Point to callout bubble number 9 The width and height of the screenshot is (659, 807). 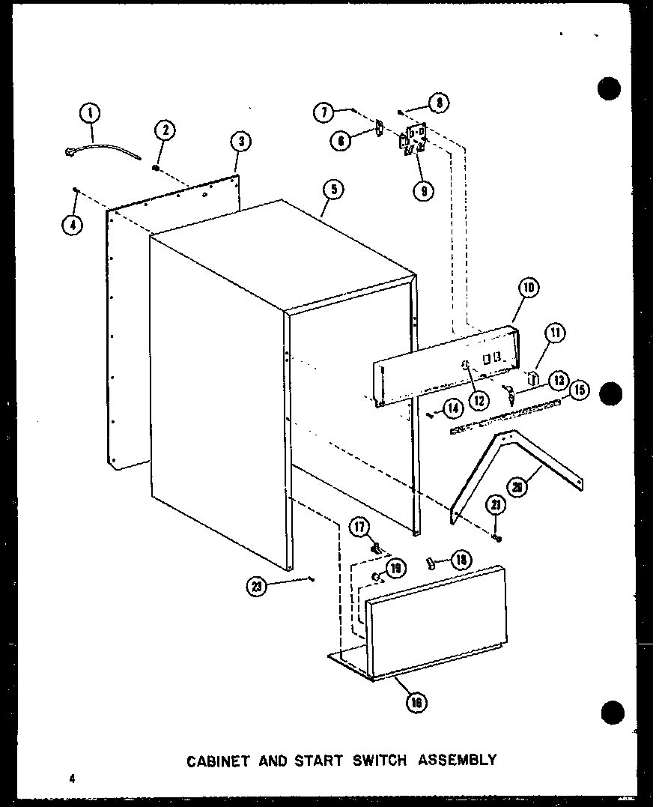[x=423, y=190]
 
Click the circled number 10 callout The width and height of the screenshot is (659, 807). [x=528, y=288]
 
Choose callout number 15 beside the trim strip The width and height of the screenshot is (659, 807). [x=578, y=390]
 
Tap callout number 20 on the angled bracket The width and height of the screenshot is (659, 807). [x=517, y=486]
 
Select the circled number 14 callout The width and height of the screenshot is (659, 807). [x=452, y=408]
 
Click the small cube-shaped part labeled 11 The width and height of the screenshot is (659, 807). [x=535, y=377]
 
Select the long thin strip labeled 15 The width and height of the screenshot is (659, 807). [x=505, y=417]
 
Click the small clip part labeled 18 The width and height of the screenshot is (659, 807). [x=432, y=562]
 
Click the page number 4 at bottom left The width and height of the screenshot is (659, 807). [x=73, y=779]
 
